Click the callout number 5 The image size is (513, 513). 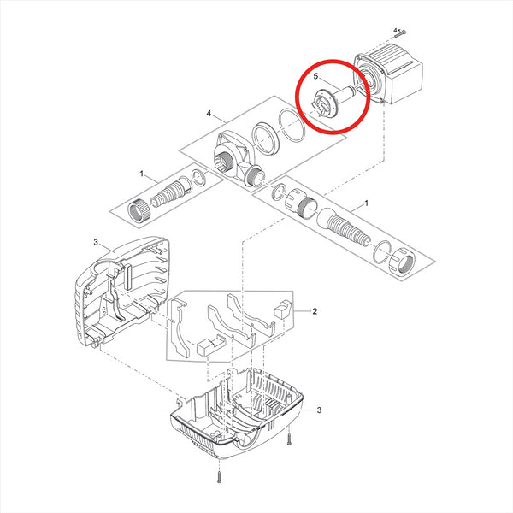click(315, 76)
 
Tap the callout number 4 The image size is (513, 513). click(209, 114)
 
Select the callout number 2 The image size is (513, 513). click(315, 311)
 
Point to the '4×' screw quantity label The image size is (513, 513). click(397, 30)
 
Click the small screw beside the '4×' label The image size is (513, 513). click(403, 32)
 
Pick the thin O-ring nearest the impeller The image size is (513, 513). click(292, 126)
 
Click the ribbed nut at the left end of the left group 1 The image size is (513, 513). click(139, 209)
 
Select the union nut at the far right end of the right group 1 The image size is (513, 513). click(402, 262)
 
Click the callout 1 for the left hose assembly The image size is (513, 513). click(141, 174)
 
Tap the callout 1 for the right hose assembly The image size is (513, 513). click(367, 203)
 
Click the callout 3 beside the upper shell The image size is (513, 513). click(96, 242)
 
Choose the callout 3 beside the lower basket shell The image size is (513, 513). click(319, 410)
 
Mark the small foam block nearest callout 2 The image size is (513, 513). click(283, 309)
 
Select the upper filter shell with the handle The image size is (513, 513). click(121, 292)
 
